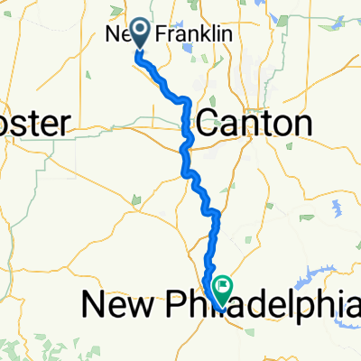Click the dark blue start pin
(x=142, y=33)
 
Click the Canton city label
(x=254, y=124)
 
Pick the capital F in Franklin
(x=162, y=35)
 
